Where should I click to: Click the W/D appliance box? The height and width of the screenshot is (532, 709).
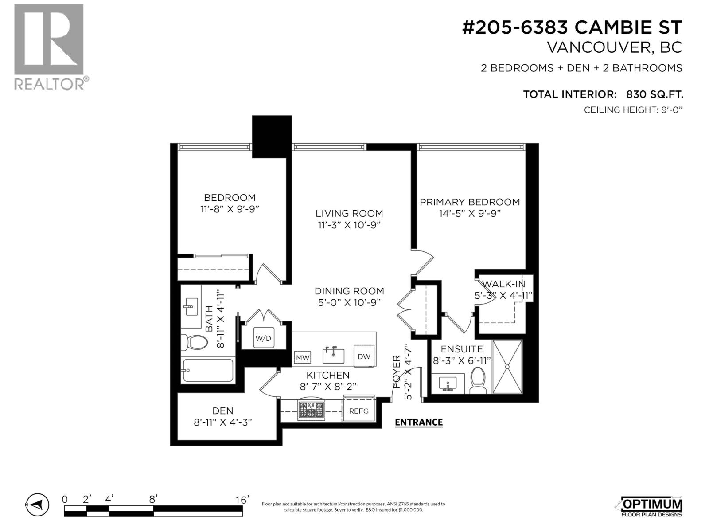263,338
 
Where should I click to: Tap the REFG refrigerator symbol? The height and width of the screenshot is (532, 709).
358,411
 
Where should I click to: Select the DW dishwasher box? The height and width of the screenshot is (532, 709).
364,356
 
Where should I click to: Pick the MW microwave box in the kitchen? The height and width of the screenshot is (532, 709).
302,357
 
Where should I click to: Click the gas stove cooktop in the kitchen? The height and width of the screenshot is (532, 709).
311,410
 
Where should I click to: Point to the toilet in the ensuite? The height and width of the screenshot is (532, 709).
478,380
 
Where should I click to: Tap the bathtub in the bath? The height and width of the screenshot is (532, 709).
207,370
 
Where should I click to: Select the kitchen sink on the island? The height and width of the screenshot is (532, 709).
333,355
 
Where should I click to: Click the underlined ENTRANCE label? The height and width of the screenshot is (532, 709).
418,422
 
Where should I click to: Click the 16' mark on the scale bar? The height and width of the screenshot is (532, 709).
242,500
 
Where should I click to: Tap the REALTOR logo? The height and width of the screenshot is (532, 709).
50,46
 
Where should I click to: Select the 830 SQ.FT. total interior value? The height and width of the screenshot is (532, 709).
654,94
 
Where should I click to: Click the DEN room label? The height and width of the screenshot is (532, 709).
222,411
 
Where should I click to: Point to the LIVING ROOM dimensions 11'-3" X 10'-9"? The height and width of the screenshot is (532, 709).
349,225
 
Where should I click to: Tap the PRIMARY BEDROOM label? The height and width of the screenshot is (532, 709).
470,202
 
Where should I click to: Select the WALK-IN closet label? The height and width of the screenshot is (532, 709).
503,284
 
